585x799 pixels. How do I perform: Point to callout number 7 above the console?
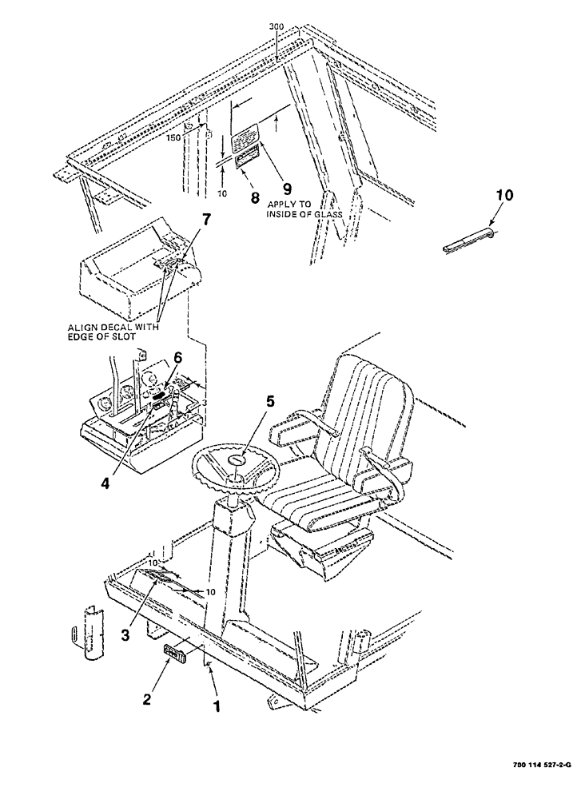click(206, 221)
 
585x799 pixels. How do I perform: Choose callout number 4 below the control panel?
click(105, 461)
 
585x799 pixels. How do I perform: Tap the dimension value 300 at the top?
click(276, 26)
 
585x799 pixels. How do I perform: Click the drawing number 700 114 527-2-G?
click(537, 787)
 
